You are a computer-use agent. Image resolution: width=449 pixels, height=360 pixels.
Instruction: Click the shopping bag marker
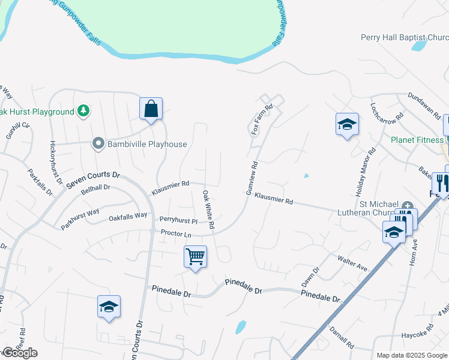151,109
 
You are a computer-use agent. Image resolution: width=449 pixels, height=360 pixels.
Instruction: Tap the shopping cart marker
196,257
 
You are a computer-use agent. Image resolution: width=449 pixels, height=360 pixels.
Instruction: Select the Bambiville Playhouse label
147,144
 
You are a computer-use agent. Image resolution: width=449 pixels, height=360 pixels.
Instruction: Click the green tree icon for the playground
84,111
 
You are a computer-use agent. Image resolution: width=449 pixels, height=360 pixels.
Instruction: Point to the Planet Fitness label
416,140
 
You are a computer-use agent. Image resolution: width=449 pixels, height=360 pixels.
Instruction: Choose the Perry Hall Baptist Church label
404,37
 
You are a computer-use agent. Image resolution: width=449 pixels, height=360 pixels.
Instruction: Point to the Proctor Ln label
175,233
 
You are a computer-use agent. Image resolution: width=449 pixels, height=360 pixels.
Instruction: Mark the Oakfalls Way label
128,215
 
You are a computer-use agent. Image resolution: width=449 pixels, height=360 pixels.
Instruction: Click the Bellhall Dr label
95,188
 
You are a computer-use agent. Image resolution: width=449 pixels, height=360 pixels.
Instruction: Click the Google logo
20,353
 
